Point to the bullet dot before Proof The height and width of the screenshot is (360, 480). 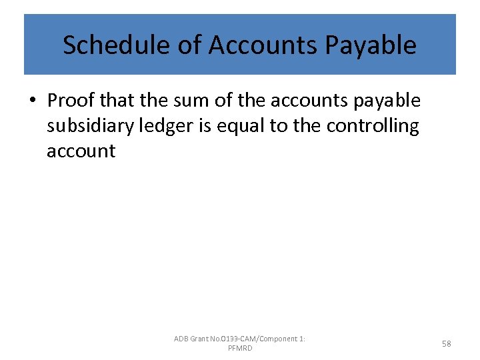(32, 101)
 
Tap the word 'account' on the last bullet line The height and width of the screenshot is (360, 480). (81, 151)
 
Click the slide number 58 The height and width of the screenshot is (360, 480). (446, 343)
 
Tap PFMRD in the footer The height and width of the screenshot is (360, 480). (240, 348)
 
